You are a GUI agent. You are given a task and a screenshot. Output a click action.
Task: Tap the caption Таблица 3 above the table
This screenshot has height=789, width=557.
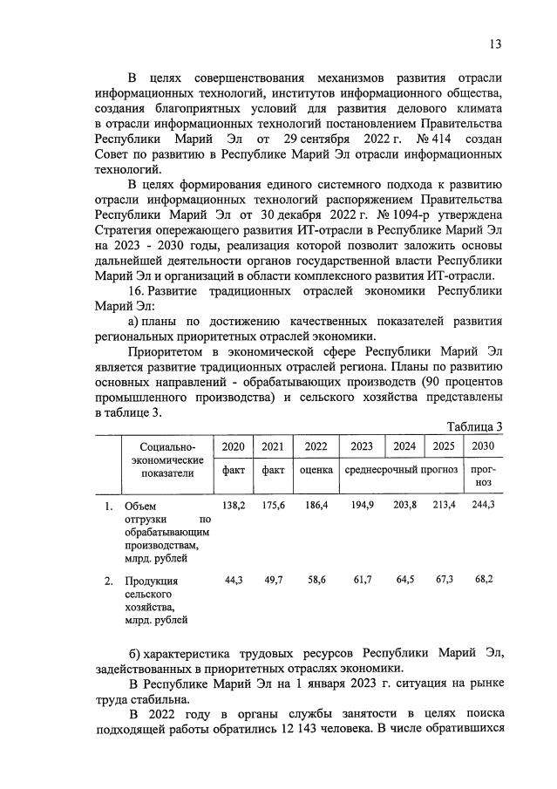474,426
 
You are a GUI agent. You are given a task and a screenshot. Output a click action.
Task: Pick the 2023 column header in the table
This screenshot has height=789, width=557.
361,446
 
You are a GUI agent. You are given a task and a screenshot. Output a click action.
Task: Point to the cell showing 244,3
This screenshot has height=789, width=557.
480,506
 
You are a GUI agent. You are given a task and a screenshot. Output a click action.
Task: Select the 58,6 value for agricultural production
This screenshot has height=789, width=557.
316,579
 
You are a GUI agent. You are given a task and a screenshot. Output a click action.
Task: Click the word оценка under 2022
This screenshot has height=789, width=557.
316,470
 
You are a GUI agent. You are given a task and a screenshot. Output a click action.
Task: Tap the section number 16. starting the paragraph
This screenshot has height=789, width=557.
138,289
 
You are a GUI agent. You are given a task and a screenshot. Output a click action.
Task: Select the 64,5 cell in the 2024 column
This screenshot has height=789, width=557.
403,579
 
